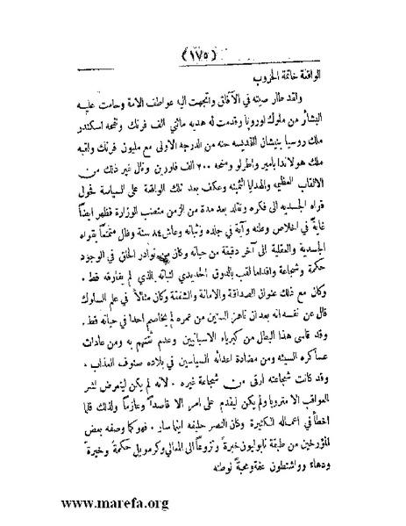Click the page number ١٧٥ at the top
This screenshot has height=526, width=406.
(203, 38)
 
